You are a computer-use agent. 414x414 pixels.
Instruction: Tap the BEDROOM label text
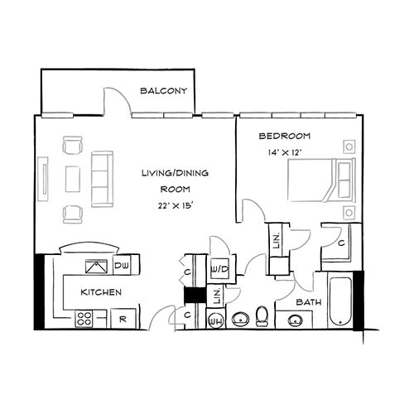click(x=284, y=136)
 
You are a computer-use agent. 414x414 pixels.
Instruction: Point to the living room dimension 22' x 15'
click(x=175, y=205)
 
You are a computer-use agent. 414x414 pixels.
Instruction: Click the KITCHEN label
click(x=101, y=292)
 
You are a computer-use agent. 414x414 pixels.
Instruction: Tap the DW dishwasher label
click(x=121, y=266)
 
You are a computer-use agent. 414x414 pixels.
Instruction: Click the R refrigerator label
click(x=122, y=318)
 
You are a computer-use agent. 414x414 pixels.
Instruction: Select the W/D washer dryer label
click(x=220, y=270)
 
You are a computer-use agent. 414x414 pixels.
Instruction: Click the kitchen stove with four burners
click(x=84, y=317)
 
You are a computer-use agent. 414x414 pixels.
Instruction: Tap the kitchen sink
click(x=97, y=266)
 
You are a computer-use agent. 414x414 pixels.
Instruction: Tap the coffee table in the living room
click(x=74, y=180)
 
